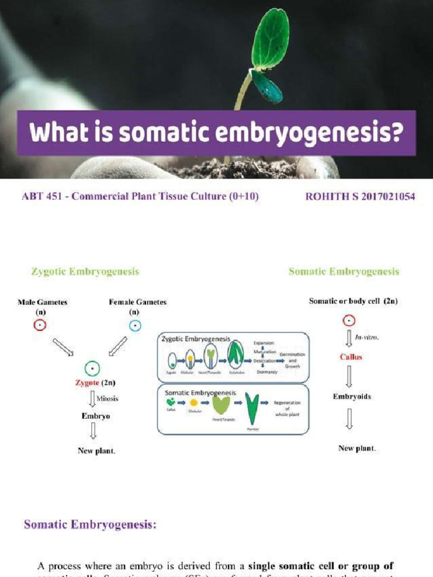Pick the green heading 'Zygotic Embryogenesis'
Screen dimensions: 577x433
[85, 272]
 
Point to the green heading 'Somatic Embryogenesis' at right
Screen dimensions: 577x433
[344, 272]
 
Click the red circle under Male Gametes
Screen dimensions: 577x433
[39, 325]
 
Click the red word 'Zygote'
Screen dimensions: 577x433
[87, 383]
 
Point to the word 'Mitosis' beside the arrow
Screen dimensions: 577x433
[107, 398]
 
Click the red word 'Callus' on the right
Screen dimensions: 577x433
[351, 357]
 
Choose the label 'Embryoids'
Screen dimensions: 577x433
[352, 396]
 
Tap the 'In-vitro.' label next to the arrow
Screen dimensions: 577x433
[367, 337]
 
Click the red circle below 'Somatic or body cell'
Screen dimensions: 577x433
[349, 321]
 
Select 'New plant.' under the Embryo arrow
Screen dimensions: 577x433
[96, 451]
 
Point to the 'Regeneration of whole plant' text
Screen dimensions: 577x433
[287, 409]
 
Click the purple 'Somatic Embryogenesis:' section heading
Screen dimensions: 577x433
[90, 525]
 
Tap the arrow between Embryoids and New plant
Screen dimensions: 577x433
[350, 419]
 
